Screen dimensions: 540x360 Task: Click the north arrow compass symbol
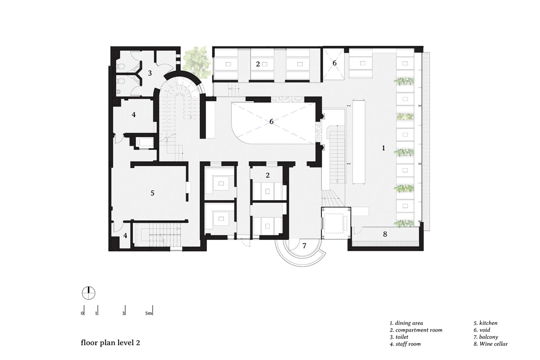point(89,293)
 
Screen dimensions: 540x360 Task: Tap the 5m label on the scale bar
point(148,314)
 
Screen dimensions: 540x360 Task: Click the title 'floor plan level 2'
point(111,343)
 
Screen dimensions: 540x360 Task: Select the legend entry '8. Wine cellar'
point(491,344)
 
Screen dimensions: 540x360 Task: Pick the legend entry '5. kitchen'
point(485,323)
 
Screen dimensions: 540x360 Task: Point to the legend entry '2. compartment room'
point(416,330)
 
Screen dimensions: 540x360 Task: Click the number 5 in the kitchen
point(152,193)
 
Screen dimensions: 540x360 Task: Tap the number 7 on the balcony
point(304,246)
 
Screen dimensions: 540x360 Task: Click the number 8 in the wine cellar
point(385,234)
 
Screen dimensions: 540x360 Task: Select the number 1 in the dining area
point(383,148)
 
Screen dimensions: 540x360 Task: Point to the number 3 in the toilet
point(150,73)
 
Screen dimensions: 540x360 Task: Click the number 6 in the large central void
point(271,122)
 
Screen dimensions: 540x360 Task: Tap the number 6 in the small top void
point(334,63)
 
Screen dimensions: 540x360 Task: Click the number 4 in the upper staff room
point(134,114)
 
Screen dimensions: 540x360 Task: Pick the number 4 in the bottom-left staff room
point(125,235)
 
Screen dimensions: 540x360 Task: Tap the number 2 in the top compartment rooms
point(258,64)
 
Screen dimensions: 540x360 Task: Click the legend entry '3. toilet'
point(399,337)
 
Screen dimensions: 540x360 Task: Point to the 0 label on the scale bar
point(82,314)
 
